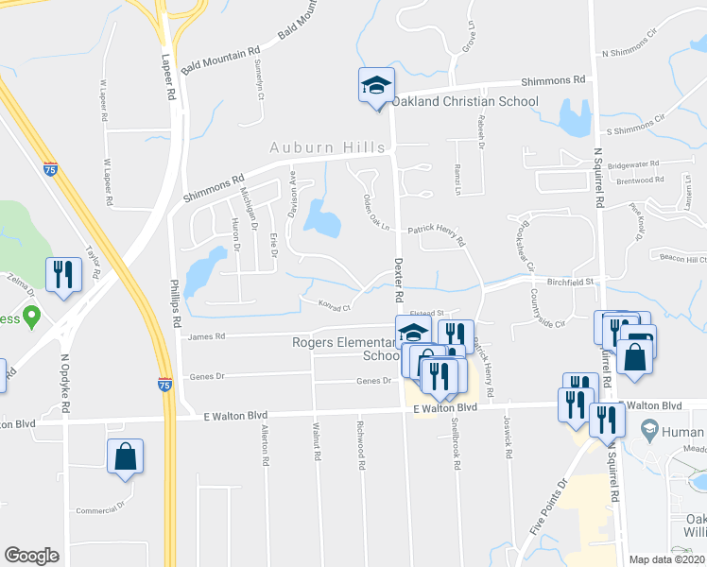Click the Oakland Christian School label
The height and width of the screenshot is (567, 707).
pyautogui.click(x=464, y=101)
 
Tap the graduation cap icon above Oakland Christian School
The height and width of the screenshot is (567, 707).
pyautogui.click(x=375, y=85)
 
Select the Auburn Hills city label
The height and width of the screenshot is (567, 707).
pyautogui.click(x=327, y=146)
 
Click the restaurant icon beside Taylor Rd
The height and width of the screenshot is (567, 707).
pyautogui.click(x=63, y=274)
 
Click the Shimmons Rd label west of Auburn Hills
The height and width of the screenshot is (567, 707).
pyautogui.click(x=214, y=184)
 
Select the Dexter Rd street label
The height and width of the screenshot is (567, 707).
pyautogui.click(x=399, y=280)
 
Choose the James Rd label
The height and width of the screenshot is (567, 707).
pyautogui.click(x=207, y=335)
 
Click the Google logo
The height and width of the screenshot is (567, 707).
pyautogui.click(x=31, y=556)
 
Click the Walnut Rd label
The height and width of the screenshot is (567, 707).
pyautogui.click(x=317, y=441)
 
